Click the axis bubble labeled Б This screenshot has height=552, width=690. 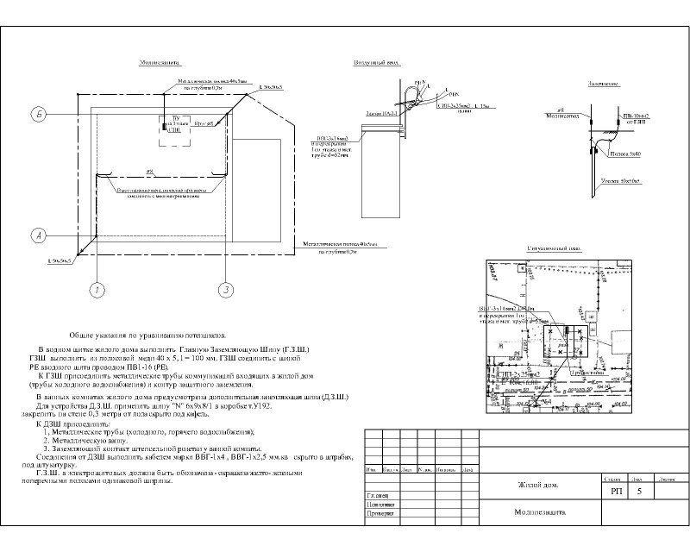click(37, 113)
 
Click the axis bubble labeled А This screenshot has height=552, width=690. click(37, 235)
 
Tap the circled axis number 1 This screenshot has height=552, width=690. click(97, 290)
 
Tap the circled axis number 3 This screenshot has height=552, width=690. click(226, 290)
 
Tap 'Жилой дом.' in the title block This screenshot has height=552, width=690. click(538, 486)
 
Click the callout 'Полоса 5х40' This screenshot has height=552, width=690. click(626, 155)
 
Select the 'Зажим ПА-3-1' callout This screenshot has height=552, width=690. click(380, 113)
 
